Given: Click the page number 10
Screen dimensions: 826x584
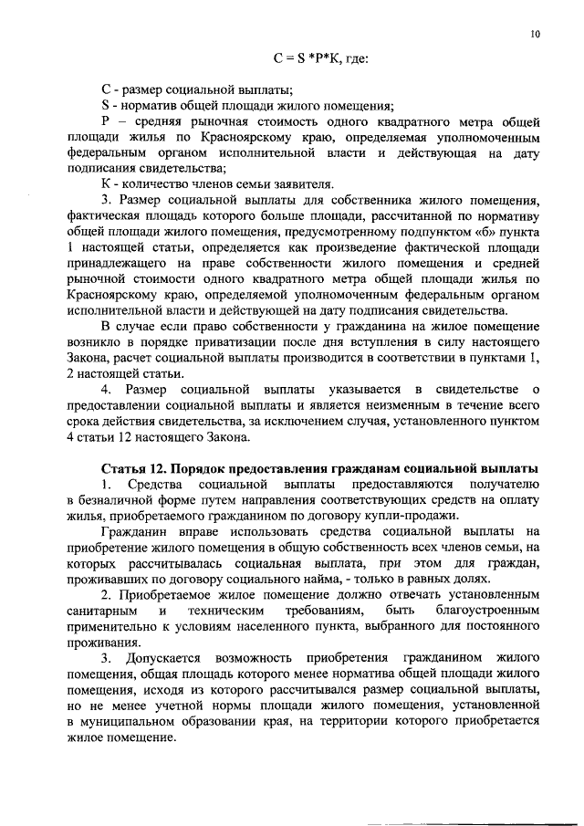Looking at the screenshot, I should [535, 36].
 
